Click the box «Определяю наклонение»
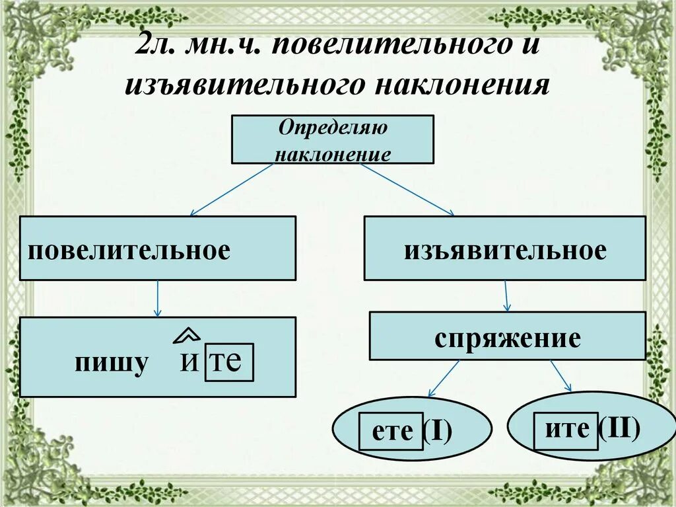pos(332,139)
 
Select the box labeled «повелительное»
pos(157,248)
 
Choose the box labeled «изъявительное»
pos(504,248)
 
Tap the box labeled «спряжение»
pos(507,336)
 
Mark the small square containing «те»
pos(228,362)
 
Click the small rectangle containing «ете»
pos(391,432)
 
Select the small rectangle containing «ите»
pos(566,431)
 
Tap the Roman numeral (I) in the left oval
pos(438,432)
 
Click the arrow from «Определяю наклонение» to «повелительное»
pos(231,190)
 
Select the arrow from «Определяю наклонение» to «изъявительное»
pos(407,190)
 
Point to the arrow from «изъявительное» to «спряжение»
pos(506,295)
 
